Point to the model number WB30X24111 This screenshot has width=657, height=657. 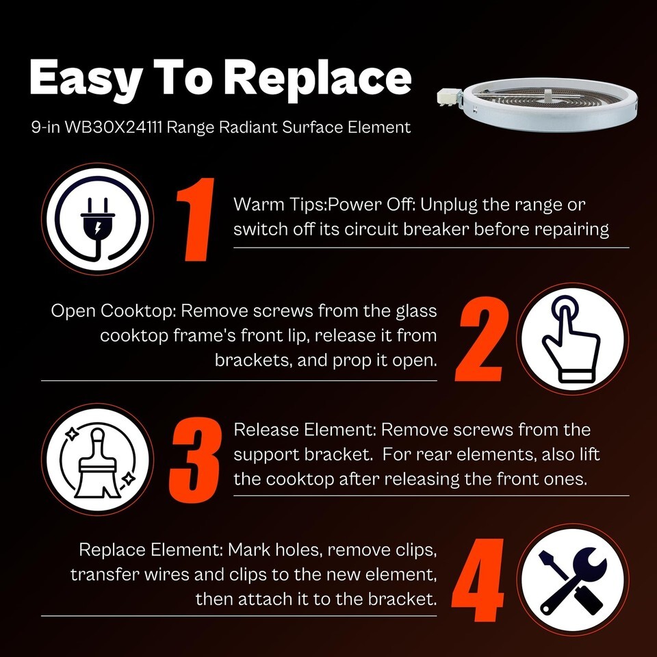[x=113, y=127]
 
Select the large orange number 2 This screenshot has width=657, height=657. [x=482, y=339]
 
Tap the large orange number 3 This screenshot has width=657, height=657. [x=195, y=460]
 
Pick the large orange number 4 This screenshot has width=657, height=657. [x=478, y=580]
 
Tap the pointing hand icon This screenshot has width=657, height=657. [x=571, y=339]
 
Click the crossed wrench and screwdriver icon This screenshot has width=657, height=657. [x=572, y=581]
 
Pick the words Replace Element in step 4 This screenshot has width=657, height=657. [x=151, y=550]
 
